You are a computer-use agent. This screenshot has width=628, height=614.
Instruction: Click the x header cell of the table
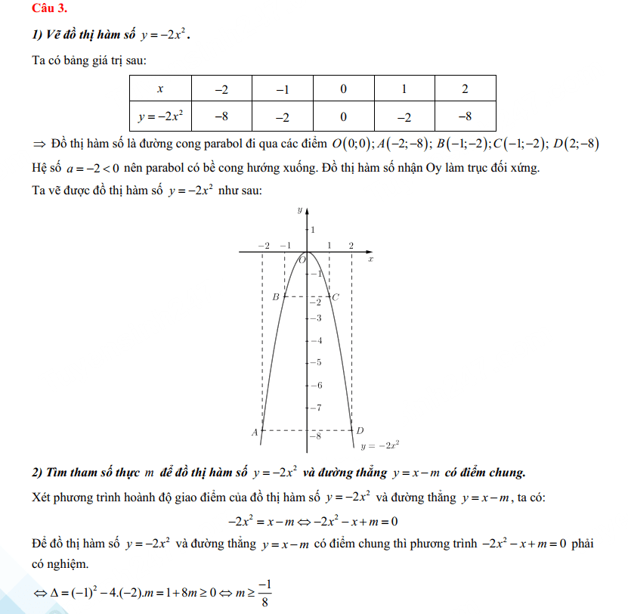159,89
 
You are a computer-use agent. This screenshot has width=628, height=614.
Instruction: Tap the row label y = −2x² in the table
160,117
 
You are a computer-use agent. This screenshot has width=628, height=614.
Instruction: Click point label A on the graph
255,432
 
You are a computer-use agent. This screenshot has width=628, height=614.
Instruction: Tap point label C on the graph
336,297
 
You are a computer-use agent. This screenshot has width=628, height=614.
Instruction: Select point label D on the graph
360,430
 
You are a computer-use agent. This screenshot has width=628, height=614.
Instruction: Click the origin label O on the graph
302,260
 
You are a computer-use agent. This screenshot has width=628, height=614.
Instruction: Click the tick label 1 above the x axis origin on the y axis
313,229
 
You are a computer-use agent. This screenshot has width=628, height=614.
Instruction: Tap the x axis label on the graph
370,259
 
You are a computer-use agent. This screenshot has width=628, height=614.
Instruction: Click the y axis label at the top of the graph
300,209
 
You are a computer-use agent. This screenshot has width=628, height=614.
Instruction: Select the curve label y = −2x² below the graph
379,446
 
